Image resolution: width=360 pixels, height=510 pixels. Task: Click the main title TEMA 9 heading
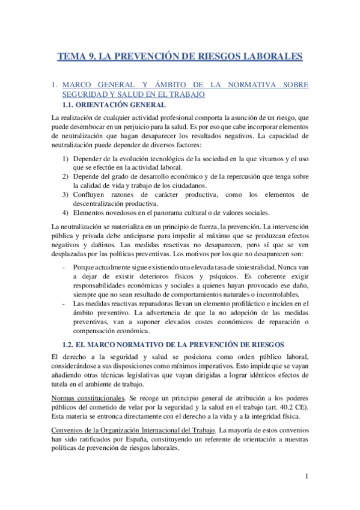pyautogui.click(x=180, y=57)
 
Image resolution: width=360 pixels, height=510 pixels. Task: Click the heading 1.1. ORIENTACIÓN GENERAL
pyautogui.click(x=114, y=105)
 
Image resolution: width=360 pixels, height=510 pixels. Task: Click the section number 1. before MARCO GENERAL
pyautogui.click(x=55, y=85)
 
